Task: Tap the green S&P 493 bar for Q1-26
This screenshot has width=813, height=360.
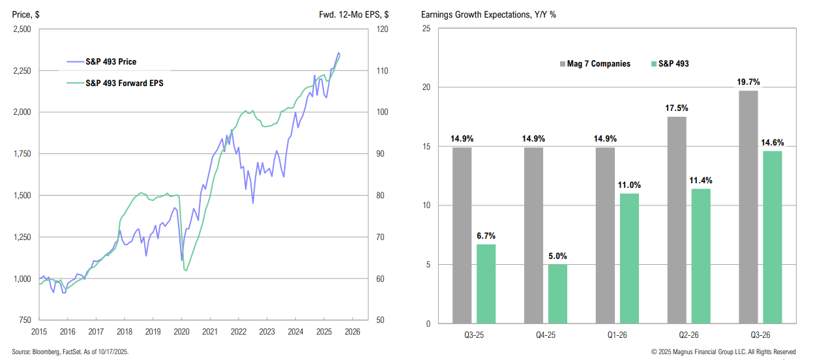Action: coord(629,258)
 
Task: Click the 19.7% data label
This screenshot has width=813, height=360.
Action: coord(748,82)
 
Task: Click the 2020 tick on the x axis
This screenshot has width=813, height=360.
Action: coord(181,331)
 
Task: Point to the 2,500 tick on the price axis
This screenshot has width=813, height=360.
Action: coord(22,29)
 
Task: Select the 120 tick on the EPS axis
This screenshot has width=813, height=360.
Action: coord(382,29)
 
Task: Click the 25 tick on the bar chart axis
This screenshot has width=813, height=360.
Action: coord(426,29)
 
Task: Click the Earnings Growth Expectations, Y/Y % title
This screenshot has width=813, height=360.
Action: coord(488,14)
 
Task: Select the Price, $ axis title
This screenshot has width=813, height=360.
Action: coord(28,14)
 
